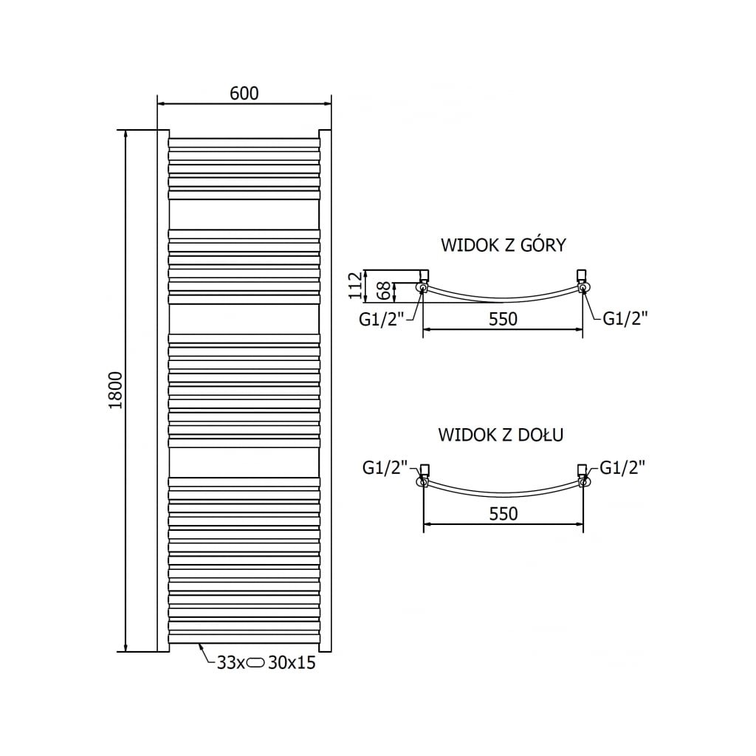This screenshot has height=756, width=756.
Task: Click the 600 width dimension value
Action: pyautogui.click(x=244, y=93)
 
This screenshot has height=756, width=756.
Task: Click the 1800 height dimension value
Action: pyautogui.click(x=114, y=391)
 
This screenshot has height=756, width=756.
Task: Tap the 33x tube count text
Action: pyautogui.click(x=230, y=663)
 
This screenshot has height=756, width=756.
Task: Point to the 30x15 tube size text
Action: pyautogui.click(x=292, y=663)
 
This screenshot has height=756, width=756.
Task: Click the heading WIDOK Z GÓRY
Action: pyautogui.click(x=503, y=245)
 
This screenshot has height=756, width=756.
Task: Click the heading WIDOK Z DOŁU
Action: pyautogui.click(x=501, y=435)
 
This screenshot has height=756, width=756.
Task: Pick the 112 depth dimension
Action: pyautogui.click(x=356, y=285)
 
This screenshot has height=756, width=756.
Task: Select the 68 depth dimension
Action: pyautogui.click(x=383, y=290)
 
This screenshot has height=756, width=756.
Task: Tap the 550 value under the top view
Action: pyautogui.click(x=503, y=319)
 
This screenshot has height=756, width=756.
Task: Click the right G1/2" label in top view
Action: pyautogui.click(x=625, y=319)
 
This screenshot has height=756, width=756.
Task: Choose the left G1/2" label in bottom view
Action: pyautogui.click(x=385, y=467)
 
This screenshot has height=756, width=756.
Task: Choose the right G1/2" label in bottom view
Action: pyautogui.click(x=622, y=467)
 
